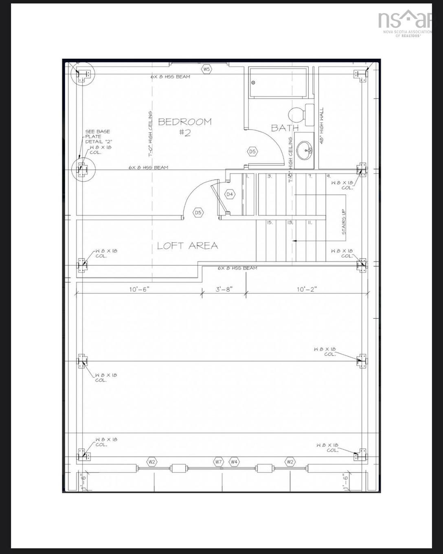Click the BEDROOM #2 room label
tap(184, 127)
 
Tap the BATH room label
tap(285, 128)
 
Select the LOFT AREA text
tap(187, 246)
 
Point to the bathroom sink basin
tap(305, 151)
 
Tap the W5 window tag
tap(207, 69)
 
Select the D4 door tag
tap(230, 194)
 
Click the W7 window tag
tap(219, 462)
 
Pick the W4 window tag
tap(234, 462)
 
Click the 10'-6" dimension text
tap(139, 289)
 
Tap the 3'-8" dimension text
tap(224, 289)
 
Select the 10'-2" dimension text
tap(307, 289)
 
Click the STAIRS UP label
tap(344, 222)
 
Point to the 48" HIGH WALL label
tap(321, 125)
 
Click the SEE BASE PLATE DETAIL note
tap(97, 136)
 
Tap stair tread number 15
tap(270, 223)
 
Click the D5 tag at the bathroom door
tap(252, 152)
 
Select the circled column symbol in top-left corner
tap(83, 75)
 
